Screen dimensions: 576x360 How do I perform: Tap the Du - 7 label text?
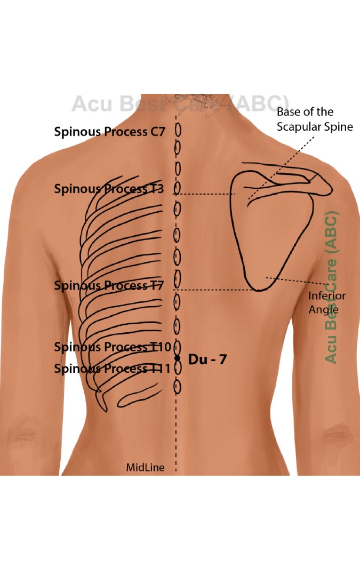point(207,359)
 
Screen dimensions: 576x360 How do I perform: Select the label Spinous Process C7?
point(109,132)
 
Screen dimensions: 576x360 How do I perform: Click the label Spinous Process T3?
point(108,188)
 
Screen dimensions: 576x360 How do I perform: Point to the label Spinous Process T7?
point(108,285)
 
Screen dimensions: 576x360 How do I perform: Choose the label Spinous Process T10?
point(113,347)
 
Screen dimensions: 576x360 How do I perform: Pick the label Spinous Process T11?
point(113,368)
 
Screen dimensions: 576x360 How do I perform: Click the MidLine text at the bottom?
point(145,467)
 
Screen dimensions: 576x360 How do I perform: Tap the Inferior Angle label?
point(327,302)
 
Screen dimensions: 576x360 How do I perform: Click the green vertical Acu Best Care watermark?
point(331,288)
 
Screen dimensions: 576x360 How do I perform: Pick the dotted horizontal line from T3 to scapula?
point(205,194)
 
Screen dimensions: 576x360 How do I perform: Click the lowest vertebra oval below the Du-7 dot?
point(178,387)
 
